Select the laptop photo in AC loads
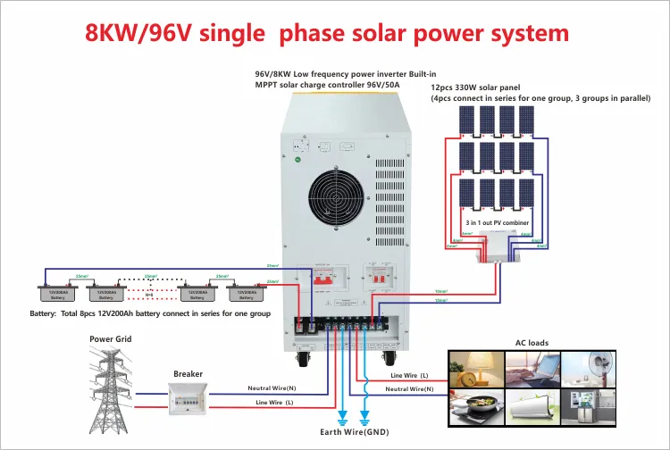[x=530, y=368]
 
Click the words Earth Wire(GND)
[x=356, y=432]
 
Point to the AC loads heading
[x=532, y=343]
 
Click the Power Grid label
[x=111, y=339]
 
